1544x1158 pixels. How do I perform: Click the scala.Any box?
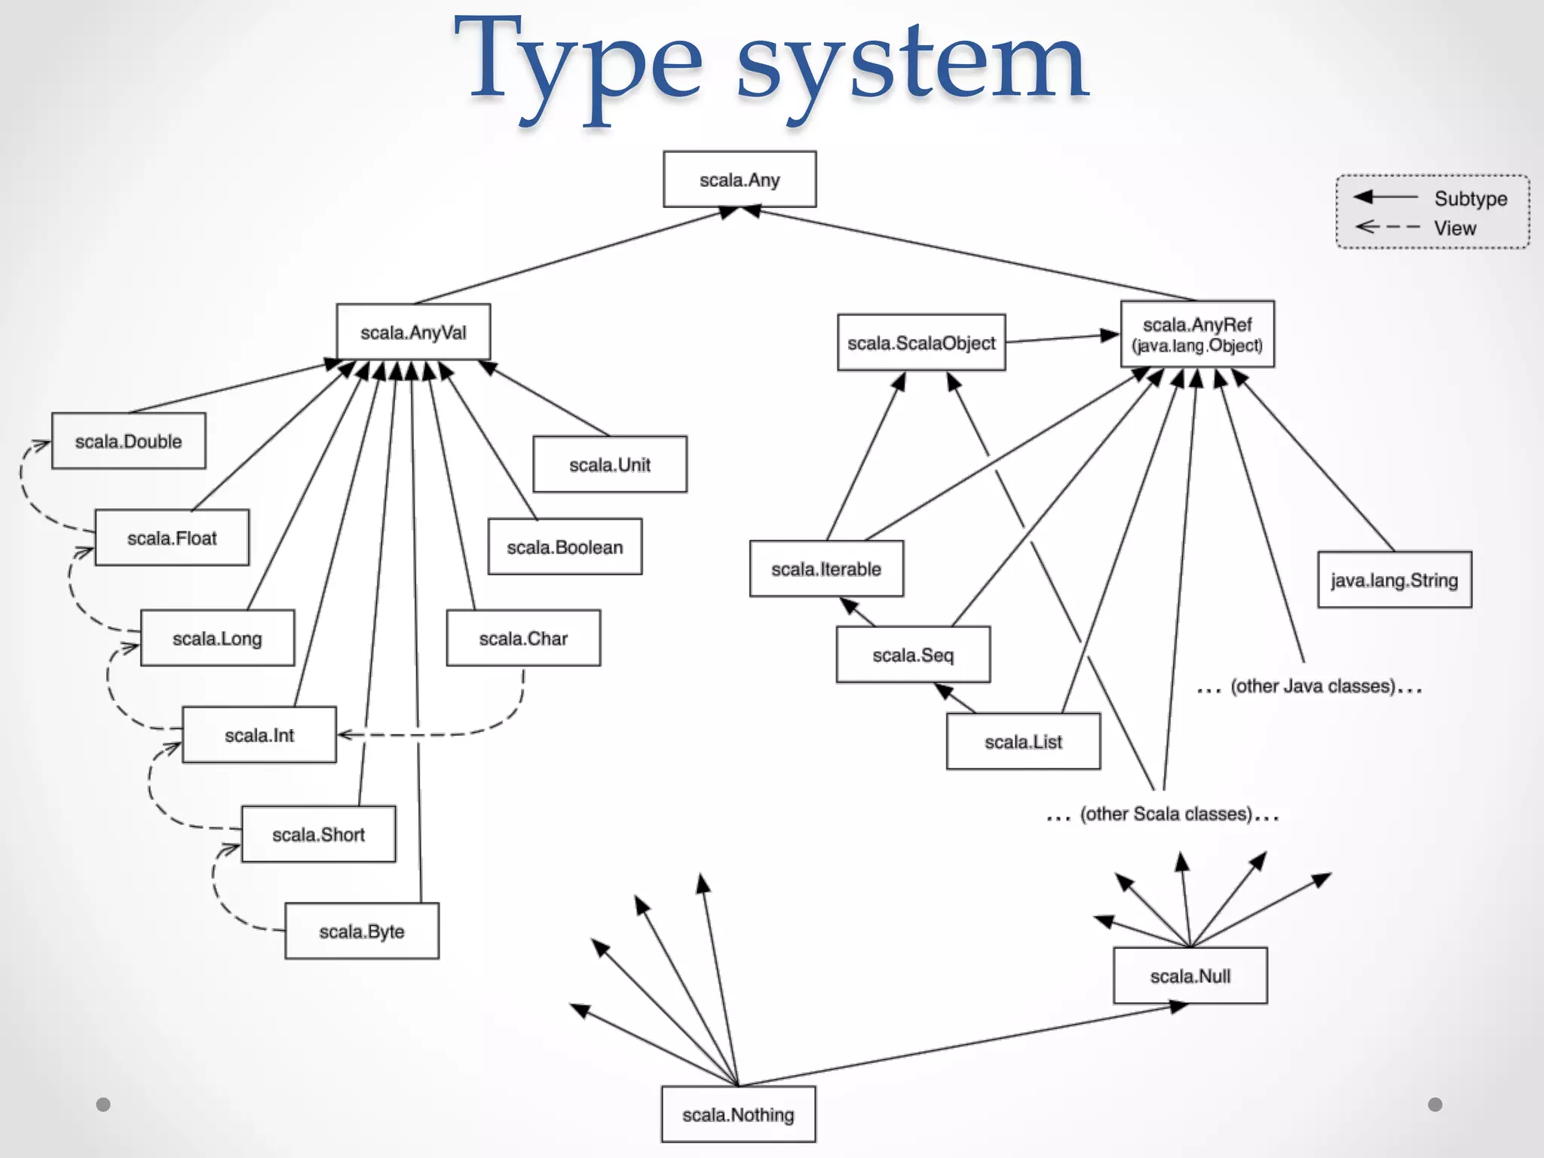click(740, 179)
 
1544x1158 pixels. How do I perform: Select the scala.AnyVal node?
click(413, 332)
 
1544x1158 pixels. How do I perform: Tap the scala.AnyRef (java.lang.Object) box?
click(1197, 334)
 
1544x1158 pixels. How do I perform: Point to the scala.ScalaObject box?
click(921, 343)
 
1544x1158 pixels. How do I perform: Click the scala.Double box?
click(128, 441)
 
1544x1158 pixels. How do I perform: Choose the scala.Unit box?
click(610, 464)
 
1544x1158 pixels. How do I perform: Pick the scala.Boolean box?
click(565, 547)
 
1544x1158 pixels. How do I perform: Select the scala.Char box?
click(523, 639)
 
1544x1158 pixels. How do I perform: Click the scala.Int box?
click(259, 735)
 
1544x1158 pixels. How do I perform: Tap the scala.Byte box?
click(362, 932)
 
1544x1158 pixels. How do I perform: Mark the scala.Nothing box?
click(738, 1114)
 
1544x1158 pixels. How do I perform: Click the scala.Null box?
click(1190, 976)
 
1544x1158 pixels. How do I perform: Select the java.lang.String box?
click(1395, 580)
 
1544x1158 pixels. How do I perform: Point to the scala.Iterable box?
click(826, 569)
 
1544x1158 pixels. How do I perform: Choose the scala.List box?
click(1023, 742)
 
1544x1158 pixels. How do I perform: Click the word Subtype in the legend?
click(1470, 198)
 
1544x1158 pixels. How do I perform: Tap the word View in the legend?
click(1454, 228)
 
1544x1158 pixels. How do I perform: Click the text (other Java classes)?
click(1312, 686)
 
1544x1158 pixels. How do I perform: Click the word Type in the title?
click(577, 64)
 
